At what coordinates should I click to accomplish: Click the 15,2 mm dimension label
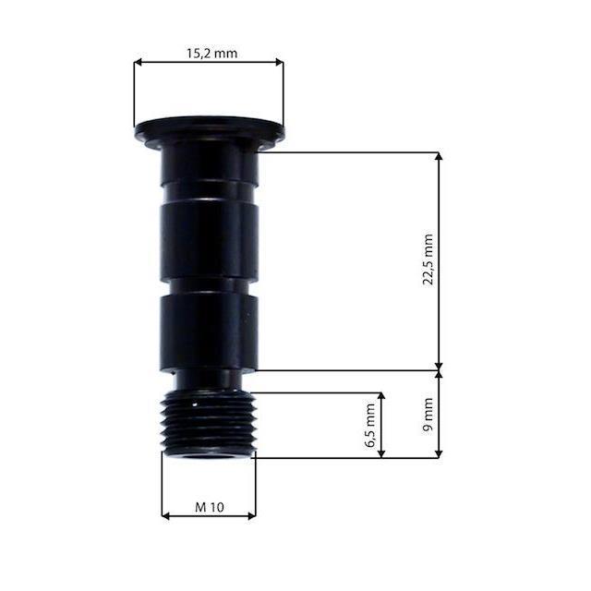(x=211, y=54)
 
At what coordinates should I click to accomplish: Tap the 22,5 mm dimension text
(x=428, y=259)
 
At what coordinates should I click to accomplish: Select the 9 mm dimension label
(x=428, y=415)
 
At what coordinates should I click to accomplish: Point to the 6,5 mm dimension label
(x=370, y=426)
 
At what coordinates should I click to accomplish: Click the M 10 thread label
(x=210, y=507)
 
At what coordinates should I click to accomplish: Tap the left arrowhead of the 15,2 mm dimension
(x=138, y=62)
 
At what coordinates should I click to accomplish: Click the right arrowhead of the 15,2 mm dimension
(x=279, y=62)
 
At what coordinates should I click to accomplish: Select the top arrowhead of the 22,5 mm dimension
(x=439, y=157)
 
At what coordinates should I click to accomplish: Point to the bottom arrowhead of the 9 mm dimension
(x=439, y=453)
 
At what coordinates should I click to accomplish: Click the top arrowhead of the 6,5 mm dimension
(x=381, y=396)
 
